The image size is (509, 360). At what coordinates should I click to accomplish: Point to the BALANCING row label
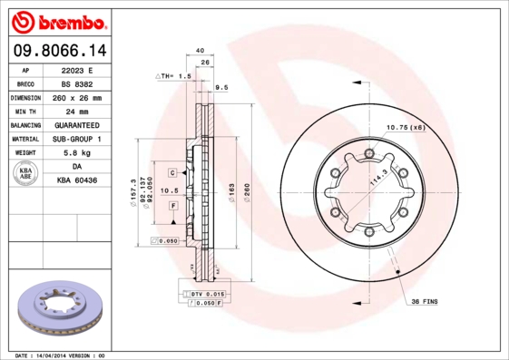[x=26, y=124]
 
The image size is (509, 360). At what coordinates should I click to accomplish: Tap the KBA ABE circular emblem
[x=26, y=174]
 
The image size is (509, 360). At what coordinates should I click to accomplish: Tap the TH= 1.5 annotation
[x=175, y=77]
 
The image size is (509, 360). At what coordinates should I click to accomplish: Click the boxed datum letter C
[x=171, y=171]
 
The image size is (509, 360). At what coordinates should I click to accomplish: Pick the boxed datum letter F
[x=171, y=207]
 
